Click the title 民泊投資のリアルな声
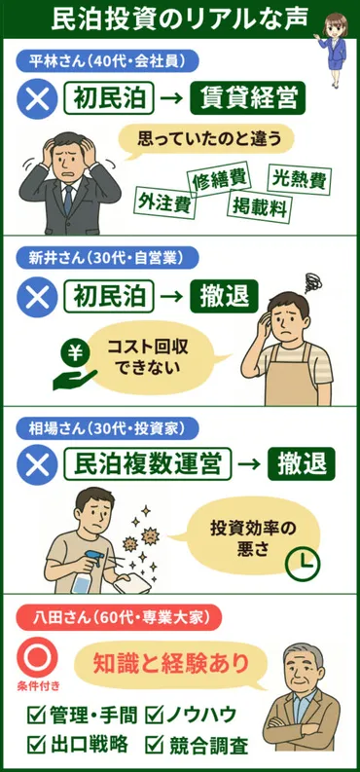[x=179, y=18]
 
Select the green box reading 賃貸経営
[x=248, y=99]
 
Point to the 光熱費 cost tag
[x=300, y=181]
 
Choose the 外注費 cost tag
[x=164, y=202]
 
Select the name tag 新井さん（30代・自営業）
[x=100, y=258]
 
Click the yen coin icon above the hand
[x=74, y=353]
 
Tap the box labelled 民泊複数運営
[x=148, y=463]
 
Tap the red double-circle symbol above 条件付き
[x=37, y=657]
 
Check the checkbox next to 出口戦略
[x=36, y=744]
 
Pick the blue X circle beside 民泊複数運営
[x=37, y=464]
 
